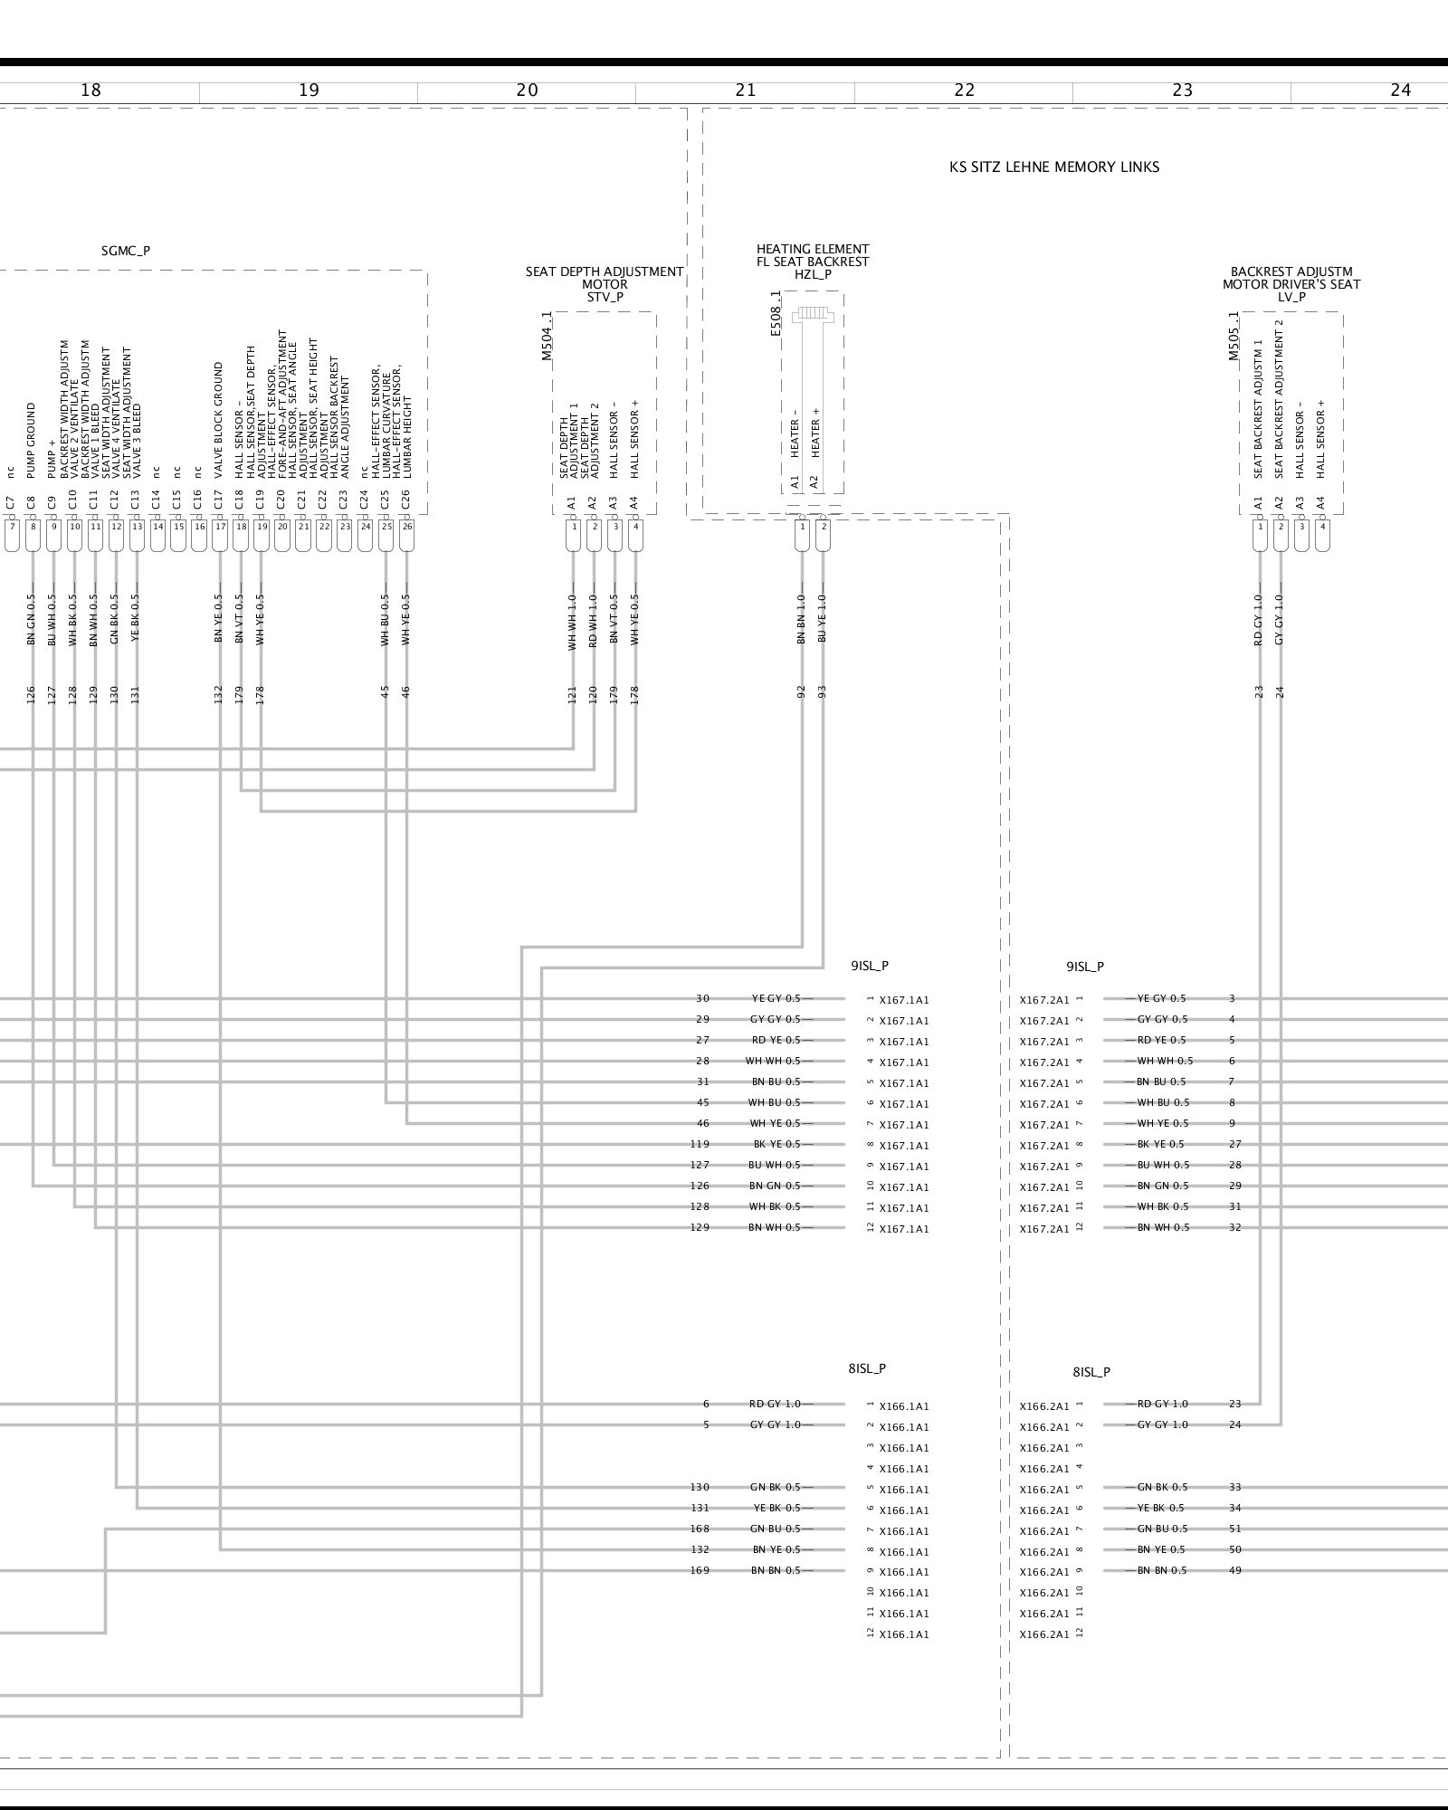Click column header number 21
tap(745, 90)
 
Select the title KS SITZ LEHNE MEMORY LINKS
tap(1053, 167)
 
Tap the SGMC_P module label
tap(126, 252)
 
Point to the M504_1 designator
tap(547, 337)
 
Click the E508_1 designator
tap(775, 314)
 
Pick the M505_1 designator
tap(1234, 337)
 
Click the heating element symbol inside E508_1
tap(812, 315)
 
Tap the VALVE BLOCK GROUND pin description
tap(219, 420)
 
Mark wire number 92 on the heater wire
tap(801, 692)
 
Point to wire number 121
tap(572, 692)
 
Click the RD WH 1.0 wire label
tap(594, 619)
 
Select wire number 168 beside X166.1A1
tap(700, 1529)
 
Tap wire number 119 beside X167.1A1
tap(700, 1144)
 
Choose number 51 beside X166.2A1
tap(1235, 1529)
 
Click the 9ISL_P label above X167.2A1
tap(1084, 967)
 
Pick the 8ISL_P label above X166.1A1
tap(867, 1368)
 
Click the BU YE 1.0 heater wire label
tap(822, 619)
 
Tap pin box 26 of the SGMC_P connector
tap(406, 526)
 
